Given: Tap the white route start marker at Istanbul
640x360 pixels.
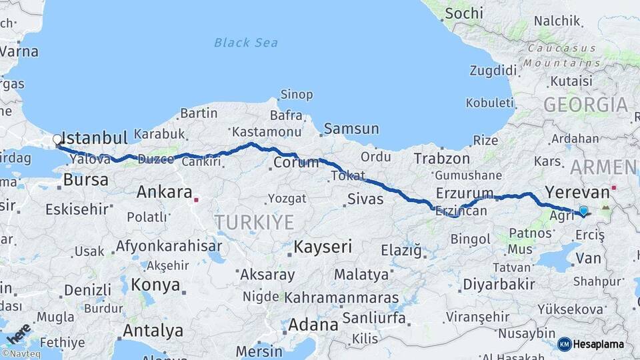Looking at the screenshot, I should point(57,140).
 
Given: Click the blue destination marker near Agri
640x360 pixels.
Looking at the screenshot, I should point(584,211).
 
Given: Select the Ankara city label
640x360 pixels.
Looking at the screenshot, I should point(164,193).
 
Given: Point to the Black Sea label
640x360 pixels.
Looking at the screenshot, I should point(247,43).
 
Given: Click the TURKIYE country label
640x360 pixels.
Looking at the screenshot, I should point(254,222).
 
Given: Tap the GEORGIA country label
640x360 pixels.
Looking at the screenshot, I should point(585,105).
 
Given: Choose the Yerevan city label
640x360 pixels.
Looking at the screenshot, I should point(577,193).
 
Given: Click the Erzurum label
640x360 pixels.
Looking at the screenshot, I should point(465,193).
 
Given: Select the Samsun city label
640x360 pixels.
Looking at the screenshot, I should point(351,129).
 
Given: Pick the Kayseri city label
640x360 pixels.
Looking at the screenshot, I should point(323,247).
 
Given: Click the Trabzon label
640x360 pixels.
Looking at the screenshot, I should point(441,159).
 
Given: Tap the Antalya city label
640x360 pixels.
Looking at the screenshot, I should point(153,330).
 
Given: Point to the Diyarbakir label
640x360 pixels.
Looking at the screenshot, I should point(499,285).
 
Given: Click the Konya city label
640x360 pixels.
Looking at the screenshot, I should point(155,285).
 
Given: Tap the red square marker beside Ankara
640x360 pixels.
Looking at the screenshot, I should point(196,199).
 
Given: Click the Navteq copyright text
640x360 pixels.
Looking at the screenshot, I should point(21,354).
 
